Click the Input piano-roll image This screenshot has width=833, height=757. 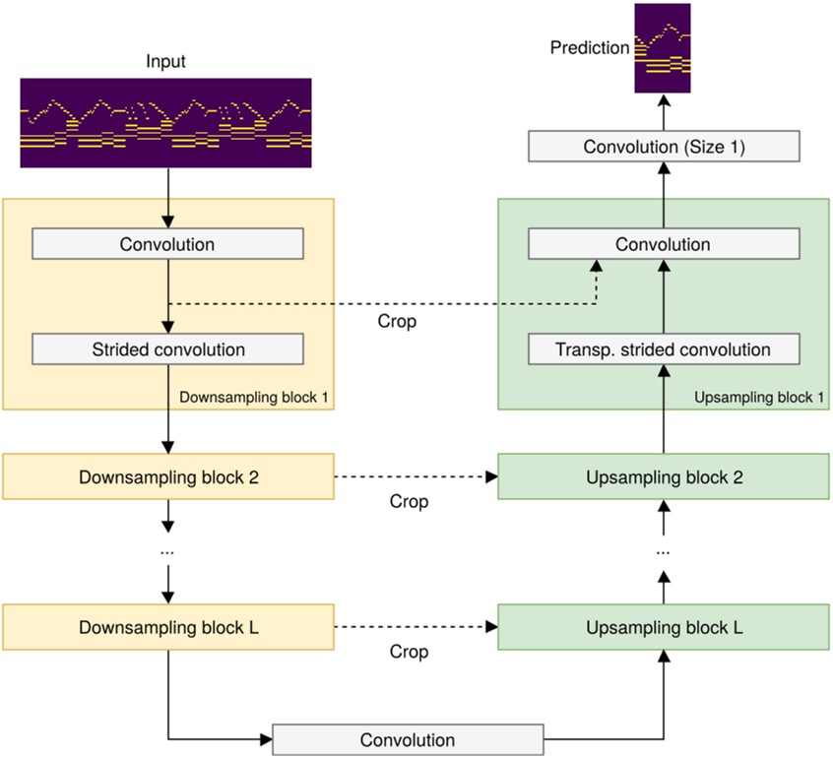(165, 124)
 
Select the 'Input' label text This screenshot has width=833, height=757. (165, 62)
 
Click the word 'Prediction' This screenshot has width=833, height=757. (590, 47)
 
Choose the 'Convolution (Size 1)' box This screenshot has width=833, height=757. (663, 148)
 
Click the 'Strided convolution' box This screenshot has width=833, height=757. (167, 349)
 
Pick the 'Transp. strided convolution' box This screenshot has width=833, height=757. (663, 349)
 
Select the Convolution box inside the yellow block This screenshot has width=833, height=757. (167, 244)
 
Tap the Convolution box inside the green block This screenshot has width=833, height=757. (663, 244)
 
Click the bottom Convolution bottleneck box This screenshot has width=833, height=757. (407, 740)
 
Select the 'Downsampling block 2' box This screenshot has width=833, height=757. (168, 476)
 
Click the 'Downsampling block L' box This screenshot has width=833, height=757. (168, 628)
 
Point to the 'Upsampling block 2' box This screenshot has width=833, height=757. (663, 476)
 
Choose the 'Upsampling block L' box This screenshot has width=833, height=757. (663, 628)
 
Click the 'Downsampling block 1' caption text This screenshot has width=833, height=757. (254, 398)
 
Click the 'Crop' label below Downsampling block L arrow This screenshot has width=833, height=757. (409, 653)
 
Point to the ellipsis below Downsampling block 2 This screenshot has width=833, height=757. (167, 552)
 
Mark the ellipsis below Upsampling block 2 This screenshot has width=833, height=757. (663, 552)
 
